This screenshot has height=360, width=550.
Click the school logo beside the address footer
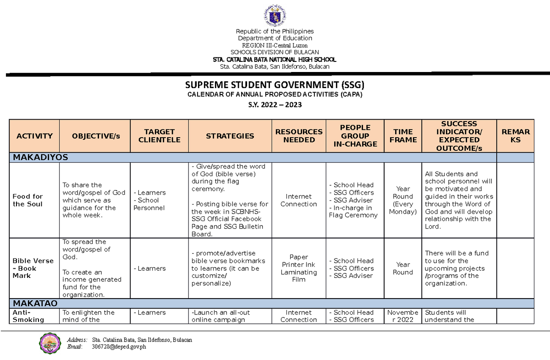pyautogui.click(x=50, y=343)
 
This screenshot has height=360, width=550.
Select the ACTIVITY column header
pyautogui.click(x=34, y=136)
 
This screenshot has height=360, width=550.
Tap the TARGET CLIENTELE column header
pyautogui.click(x=159, y=136)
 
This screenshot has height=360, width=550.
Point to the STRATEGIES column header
pyautogui.click(x=230, y=136)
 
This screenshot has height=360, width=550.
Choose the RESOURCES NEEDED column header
pyautogui.click(x=299, y=136)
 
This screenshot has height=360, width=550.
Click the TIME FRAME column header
pyautogui.click(x=403, y=136)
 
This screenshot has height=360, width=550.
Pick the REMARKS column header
pyautogui.click(x=515, y=136)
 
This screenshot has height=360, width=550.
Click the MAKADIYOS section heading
pyautogui.click(x=40, y=157)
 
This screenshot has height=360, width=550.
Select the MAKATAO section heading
pyautogui.click(x=35, y=304)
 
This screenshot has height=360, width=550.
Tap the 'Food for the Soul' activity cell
pyautogui.click(x=28, y=200)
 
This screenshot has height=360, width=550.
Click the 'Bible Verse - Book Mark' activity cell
pyautogui.click(x=33, y=268)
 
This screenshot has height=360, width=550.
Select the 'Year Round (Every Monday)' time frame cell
pyautogui.click(x=403, y=200)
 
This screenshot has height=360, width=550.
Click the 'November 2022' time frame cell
pyautogui.click(x=403, y=316)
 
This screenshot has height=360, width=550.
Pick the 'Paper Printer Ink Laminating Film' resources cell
pyautogui.click(x=299, y=268)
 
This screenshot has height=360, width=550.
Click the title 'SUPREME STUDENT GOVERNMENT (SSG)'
pyautogui.click(x=275, y=85)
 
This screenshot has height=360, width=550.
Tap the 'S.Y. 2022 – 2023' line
pyautogui.click(x=275, y=105)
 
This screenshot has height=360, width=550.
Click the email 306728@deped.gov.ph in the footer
pyautogui.click(x=119, y=347)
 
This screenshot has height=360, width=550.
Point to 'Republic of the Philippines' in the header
pyautogui.click(x=275, y=31)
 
